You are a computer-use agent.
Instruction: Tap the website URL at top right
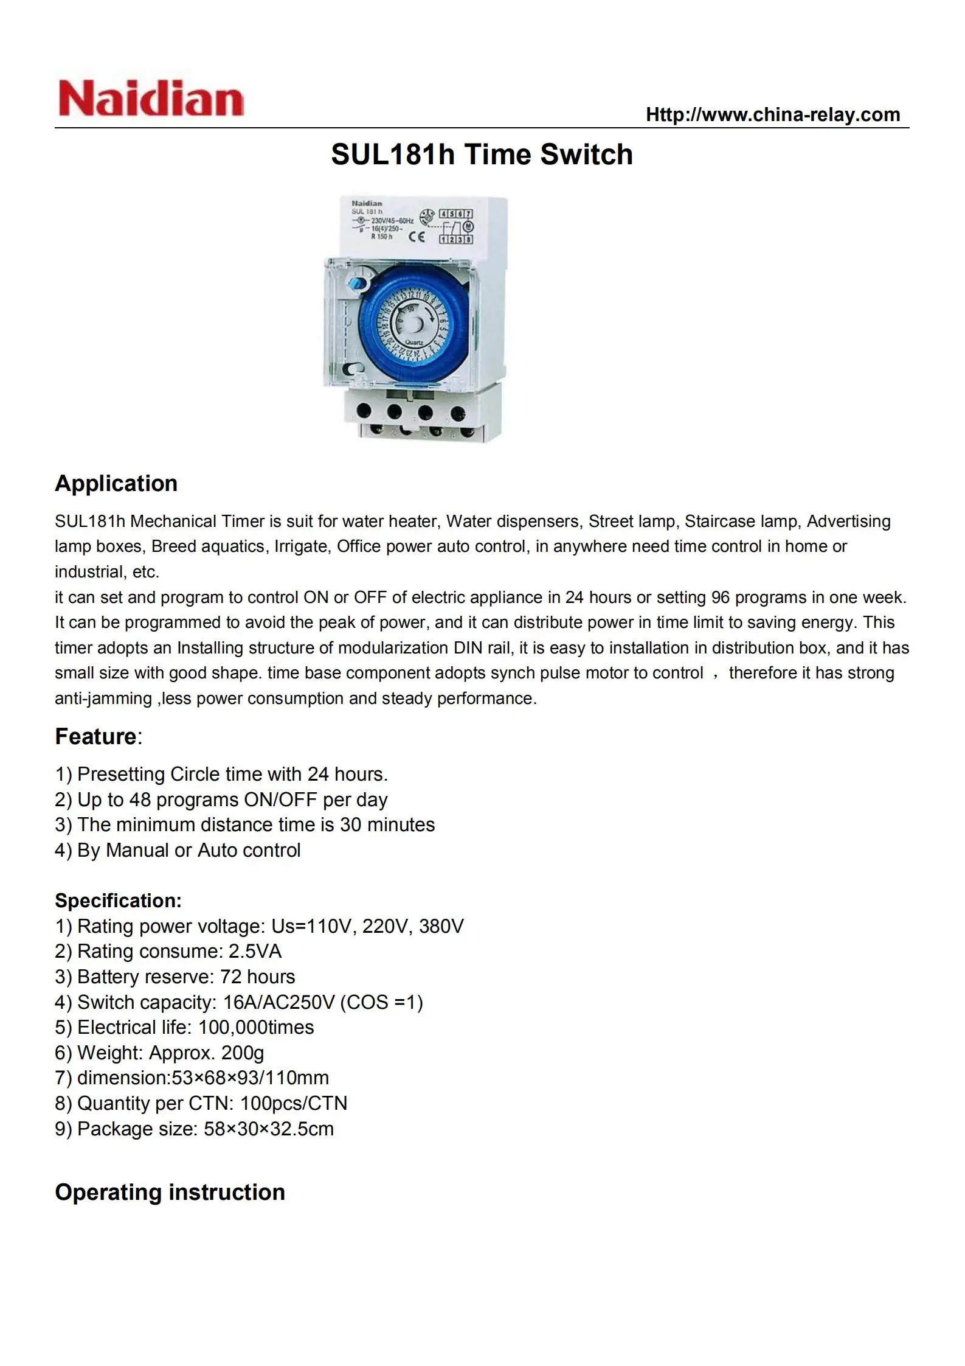pos(772,114)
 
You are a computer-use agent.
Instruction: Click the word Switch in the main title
pos(586,155)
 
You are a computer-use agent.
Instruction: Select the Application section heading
pos(116,483)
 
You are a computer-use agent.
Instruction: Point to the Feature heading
pos(96,736)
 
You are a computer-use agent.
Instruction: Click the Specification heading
pos(118,901)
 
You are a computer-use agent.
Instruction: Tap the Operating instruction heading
pos(170,1192)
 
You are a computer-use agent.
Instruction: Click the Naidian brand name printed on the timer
pos(367,203)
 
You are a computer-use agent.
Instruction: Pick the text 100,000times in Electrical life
pos(256,1027)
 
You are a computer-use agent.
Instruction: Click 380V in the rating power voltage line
pos(441,926)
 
